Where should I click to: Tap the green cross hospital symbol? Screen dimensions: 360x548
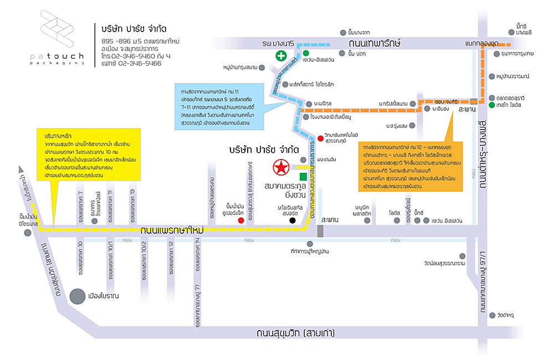pos(282,55)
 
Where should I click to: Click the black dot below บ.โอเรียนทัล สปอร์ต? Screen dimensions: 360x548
pos(293,220)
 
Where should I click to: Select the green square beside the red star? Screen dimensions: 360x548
pos(303,176)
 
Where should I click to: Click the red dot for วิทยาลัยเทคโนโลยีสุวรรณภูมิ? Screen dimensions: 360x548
pos(320,138)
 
